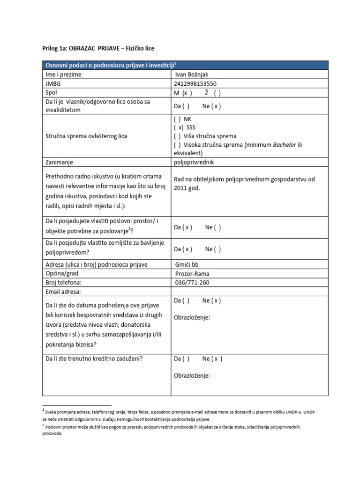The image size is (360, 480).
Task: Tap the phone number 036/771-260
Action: (x=192, y=282)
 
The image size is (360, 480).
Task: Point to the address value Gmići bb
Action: (x=187, y=264)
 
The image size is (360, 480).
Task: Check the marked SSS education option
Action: (x=185, y=127)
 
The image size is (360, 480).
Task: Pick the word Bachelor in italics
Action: (x=285, y=144)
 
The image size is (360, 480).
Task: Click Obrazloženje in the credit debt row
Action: (x=192, y=375)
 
